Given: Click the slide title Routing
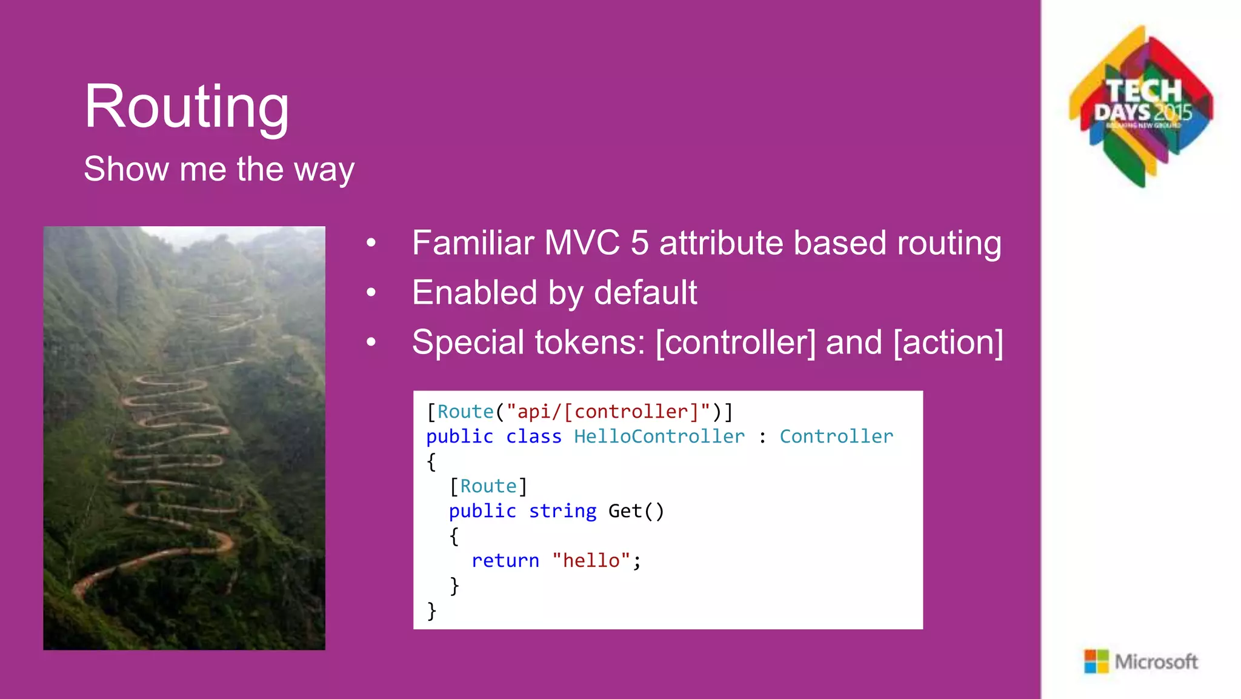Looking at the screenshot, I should (x=187, y=108).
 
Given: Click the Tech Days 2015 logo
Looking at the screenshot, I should (x=1142, y=107).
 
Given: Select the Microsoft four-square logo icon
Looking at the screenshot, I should (x=1096, y=661).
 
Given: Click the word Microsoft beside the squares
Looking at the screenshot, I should (x=1156, y=662).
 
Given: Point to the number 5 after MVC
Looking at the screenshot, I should (x=639, y=243).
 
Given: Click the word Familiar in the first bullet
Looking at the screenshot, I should (x=473, y=243).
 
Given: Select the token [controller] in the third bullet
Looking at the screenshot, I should (x=736, y=343).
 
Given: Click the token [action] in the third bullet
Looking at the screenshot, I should (x=948, y=343).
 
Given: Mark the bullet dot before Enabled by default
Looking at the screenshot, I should (x=371, y=293).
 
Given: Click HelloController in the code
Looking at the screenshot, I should (x=659, y=436).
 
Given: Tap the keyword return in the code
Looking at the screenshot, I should (x=505, y=561).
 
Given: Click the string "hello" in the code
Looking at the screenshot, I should (x=591, y=561).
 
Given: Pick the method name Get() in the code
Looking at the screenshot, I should (x=636, y=511).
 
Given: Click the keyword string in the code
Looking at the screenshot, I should (x=562, y=511).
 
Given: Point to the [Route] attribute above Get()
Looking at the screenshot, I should (x=488, y=486).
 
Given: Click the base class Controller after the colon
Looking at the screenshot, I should (x=836, y=436).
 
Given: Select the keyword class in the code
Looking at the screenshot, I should (x=533, y=436).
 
